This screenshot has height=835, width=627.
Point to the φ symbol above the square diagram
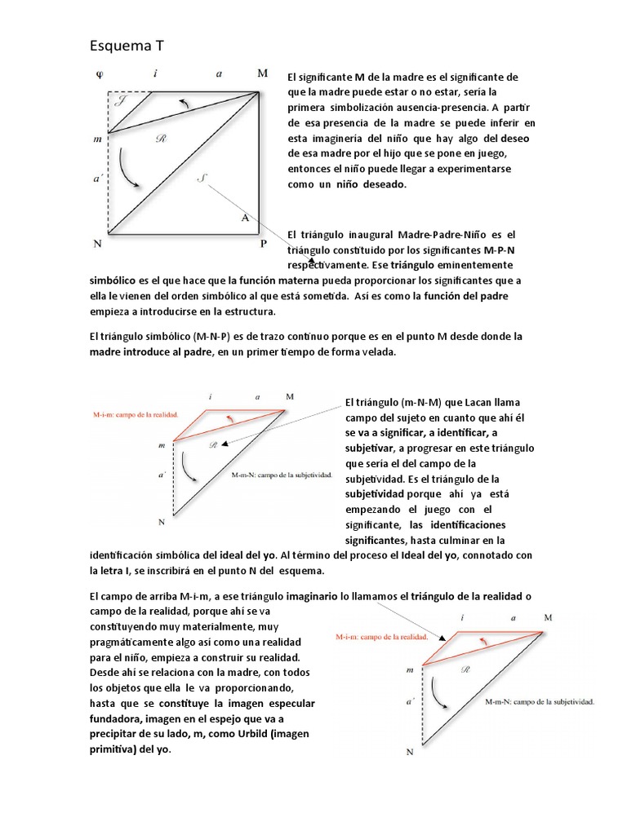click(x=100, y=73)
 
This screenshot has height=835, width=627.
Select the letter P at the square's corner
click(x=263, y=243)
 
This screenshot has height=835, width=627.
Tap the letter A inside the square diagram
click(x=244, y=218)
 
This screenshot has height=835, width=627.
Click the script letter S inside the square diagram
click(x=202, y=179)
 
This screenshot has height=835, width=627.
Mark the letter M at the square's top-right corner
click(x=262, y=73)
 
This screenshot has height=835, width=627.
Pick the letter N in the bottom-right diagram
click(x=410, y=753)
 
